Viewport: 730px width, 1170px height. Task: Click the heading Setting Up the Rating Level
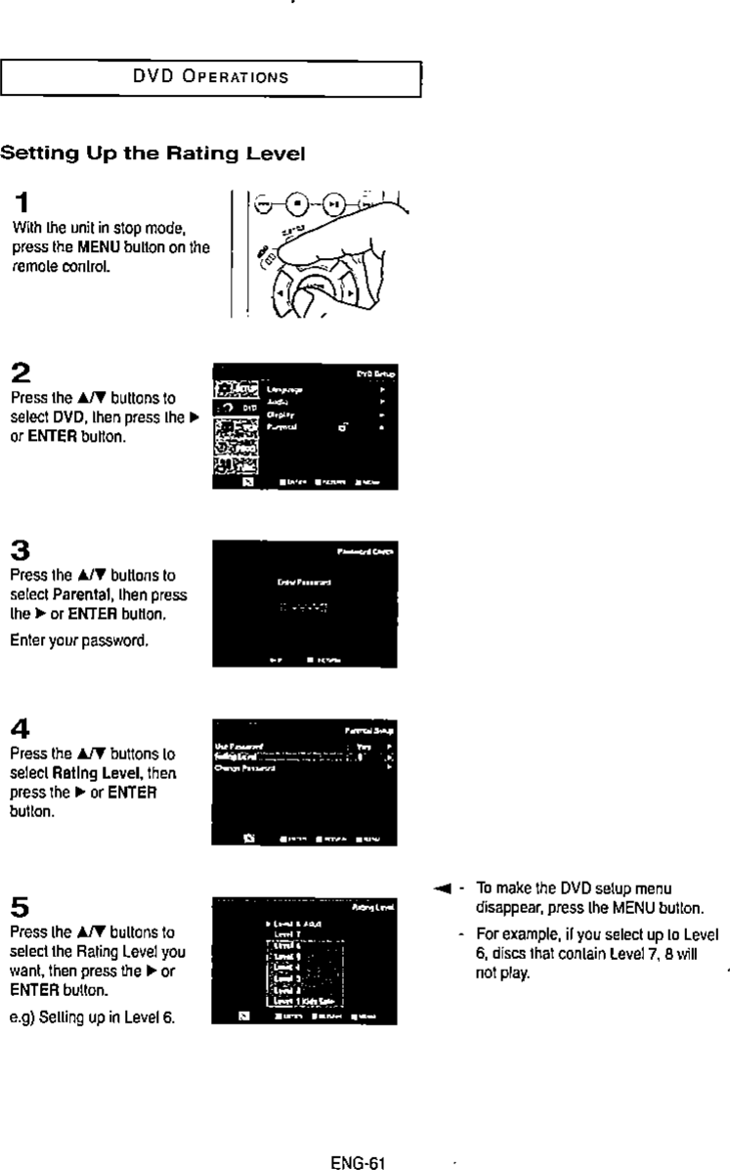[x=153, y=153]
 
